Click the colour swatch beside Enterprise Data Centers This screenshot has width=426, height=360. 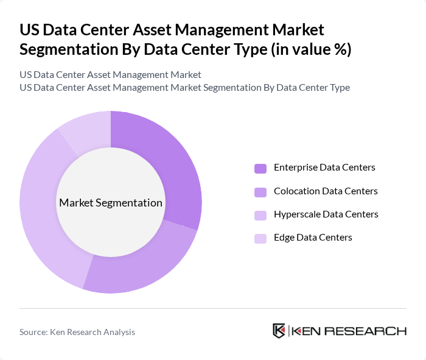260,168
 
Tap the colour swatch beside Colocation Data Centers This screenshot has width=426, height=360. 260,192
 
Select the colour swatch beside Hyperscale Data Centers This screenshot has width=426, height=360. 260,215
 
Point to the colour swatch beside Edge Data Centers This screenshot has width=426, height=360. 260,238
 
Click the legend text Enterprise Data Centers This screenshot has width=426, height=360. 324,167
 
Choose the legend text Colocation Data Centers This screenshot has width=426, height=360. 326,191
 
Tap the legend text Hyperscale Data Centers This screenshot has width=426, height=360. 326,214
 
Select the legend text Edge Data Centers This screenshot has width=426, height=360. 313,237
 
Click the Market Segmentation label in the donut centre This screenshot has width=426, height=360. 111,203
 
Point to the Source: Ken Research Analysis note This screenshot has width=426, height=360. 77,332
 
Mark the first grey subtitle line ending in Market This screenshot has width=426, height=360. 110,75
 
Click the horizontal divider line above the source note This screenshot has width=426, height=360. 213,308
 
